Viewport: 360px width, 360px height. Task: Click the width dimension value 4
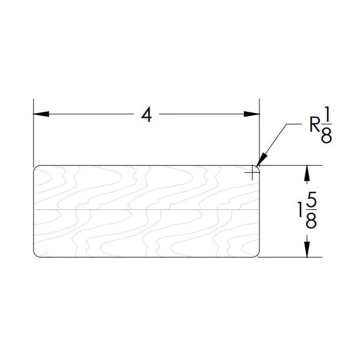(146, 116)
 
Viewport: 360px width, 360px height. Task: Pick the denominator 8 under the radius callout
(327, 136)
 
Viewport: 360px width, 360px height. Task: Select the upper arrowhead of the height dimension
(306, 172)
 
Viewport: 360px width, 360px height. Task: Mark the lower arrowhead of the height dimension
(306, 249)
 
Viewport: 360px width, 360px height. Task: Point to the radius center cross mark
(253, 172)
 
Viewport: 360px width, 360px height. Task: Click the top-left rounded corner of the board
(36, 168)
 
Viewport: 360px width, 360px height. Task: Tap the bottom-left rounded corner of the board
(36, 255)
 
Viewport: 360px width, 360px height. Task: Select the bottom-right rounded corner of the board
(258, 255)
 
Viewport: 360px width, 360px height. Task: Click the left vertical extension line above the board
(33, 135)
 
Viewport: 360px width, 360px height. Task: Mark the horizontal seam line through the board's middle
(146, 209)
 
